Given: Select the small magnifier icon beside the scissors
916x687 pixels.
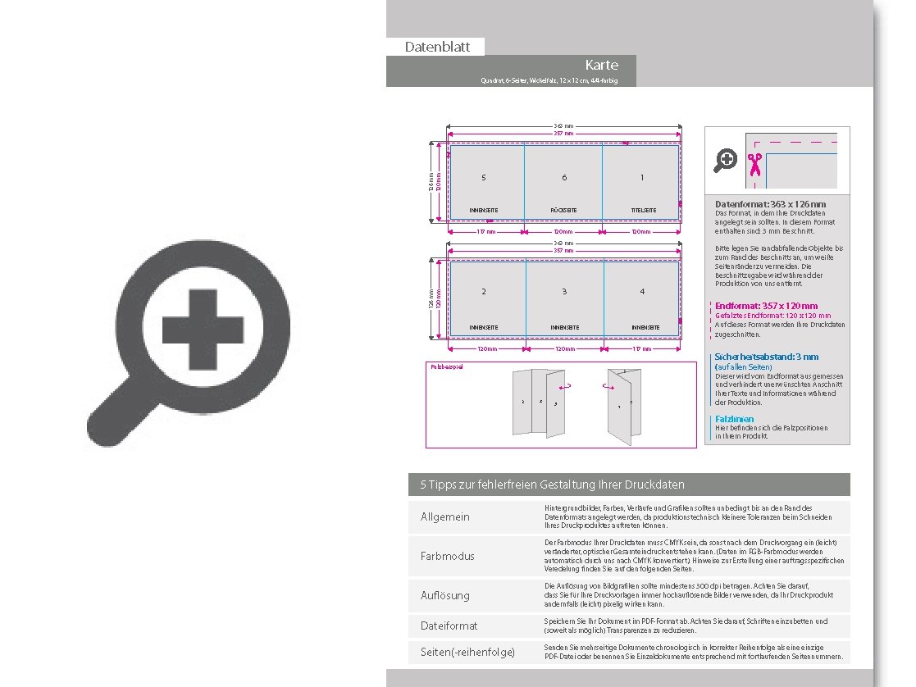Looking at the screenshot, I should pyautogui.click(x=725, y=161).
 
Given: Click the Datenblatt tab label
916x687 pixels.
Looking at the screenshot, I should pyautogui.click(x=437, y=47).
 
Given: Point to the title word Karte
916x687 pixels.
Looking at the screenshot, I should pyautogui.click(x=601, y=65).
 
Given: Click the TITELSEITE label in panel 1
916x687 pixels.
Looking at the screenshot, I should pyautogui.click(x=643, y=211).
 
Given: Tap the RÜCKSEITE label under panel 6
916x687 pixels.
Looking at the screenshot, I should pyautogui.click(x=563, y=211).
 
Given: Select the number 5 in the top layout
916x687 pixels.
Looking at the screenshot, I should pyautogui.click(x=484, y=178).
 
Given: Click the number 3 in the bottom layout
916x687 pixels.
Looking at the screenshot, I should pyautogui.click(x=563, y=292).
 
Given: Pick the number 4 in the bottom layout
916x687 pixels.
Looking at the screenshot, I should pyautogui.click(x=642, y=292).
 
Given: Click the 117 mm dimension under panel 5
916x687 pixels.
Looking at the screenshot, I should pyautogui.click(x=486, y=232).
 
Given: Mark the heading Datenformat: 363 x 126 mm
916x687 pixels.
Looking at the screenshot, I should pyautogui.click(x=770, y=204).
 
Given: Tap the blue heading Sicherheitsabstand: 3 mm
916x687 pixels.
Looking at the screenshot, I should pyautogui.click(x=767, y=357).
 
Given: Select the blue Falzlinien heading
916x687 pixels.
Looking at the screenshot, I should pyautogui.click(x=734, y=419).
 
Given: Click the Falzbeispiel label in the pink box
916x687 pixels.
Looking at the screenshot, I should pyautogui.click(x=447, y=366).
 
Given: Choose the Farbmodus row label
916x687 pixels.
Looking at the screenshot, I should pyautogui.click(x=448, y=556).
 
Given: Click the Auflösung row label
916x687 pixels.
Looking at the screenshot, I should pyautogui.click(x=445, y=595).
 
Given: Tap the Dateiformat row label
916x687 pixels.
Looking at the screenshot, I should pyautogui.click(x=449, y=626).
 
